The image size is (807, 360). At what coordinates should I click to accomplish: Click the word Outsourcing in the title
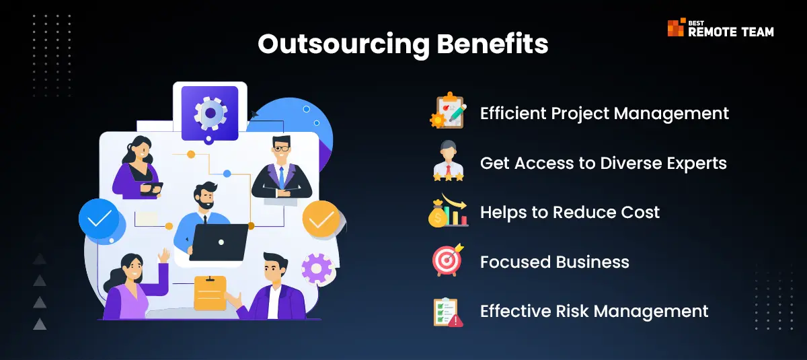pos(344,44)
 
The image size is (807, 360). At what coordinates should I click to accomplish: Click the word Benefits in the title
pos(492,44)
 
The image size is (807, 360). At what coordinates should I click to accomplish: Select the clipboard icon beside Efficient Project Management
pos(449,110)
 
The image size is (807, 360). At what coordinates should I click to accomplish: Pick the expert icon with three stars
pos(448,160)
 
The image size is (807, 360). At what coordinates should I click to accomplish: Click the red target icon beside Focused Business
pos(448,260)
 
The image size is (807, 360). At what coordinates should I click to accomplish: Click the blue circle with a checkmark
pos(99,219)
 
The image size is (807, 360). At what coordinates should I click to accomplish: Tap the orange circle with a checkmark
pos(321,219)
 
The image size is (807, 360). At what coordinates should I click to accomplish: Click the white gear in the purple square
pos(210,113)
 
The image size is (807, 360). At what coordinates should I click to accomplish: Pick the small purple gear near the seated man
pos(316,268)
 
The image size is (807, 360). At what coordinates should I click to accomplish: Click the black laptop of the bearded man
pos(219,242)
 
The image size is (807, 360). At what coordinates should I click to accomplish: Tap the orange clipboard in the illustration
pos(210,293)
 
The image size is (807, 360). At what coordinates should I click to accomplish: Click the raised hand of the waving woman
pos(164,255)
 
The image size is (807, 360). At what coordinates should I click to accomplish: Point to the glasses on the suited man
pos(281,148)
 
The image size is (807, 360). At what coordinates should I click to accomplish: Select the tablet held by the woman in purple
pos(152,188)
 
